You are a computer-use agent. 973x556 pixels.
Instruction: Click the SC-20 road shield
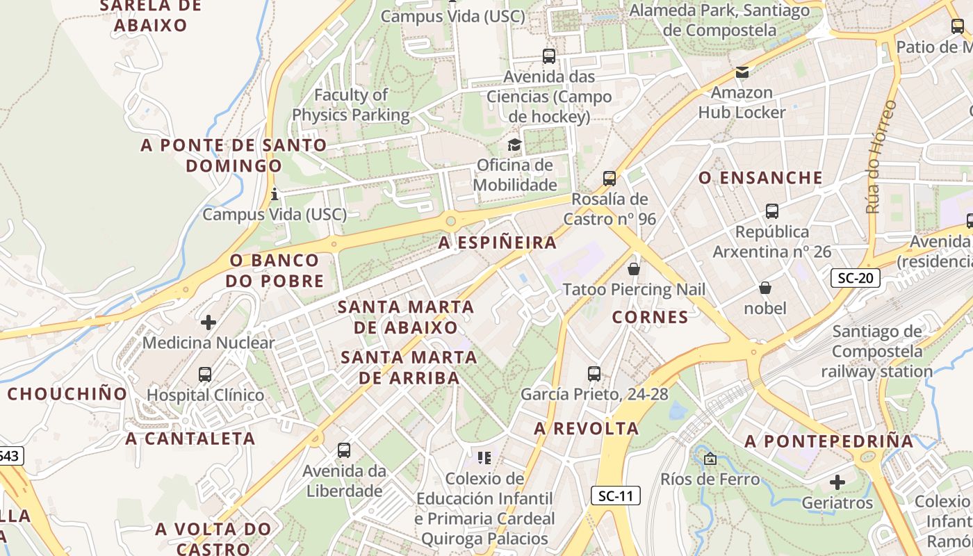click(x=856, y=279)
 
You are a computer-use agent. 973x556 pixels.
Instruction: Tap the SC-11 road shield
click(x=616, y=496)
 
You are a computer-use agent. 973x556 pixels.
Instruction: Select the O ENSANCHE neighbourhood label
click(x=760, y=178)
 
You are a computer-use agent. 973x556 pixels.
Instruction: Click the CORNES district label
click(x=651, y=318)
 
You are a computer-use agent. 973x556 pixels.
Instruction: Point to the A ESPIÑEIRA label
click(x=498, y=243)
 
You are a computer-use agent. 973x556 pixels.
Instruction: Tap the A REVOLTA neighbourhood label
click(x=587, y=429)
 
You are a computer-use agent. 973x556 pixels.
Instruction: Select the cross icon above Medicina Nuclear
click(x=208, y=322)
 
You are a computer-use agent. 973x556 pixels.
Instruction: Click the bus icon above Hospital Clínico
click(x=205, y=375)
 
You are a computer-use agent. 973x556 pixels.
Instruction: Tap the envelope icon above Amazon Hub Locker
click(x=742, y=72)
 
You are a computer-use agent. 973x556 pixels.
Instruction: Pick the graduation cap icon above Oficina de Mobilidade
click(x=514, y=145)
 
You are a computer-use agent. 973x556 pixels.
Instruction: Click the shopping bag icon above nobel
click(x=765, y=288)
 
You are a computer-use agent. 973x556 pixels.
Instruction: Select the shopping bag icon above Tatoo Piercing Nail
click(x=634, y=268)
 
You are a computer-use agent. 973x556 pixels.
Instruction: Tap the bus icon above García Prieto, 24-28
click(x=594, y=374)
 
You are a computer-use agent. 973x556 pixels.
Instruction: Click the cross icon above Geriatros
click(x=837, y=482)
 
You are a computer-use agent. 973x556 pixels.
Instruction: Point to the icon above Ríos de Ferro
click(x=710, y=459)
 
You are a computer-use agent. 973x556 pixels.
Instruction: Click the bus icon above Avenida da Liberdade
click(x=344, y=450)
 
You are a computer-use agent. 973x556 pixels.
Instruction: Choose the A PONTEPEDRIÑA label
click(x=829, y=441)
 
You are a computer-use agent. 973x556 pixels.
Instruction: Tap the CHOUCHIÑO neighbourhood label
click(x=67, y=394)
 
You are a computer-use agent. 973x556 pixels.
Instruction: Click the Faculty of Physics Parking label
click(x=351, y=104)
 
